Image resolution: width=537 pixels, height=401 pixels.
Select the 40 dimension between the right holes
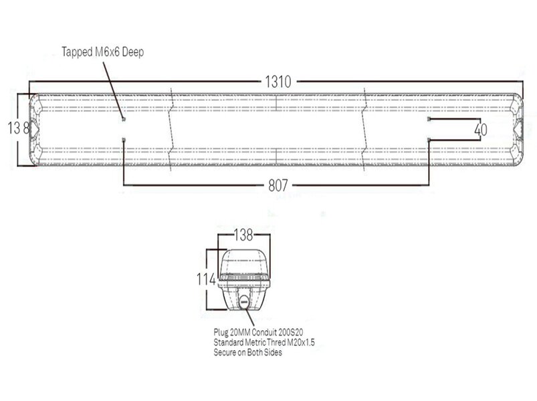[x=479, y=130]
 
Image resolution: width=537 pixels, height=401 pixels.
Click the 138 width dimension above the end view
[x=243, y=235]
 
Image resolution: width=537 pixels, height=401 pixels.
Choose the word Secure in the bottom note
[x=226, y=353]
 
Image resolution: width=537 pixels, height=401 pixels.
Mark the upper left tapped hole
[x=124, y=119]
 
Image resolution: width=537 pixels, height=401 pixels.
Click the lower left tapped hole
[x=124, y=138]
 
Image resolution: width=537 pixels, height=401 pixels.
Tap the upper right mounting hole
[x=429, y=119]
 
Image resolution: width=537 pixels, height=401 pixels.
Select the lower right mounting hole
[x=429, y=138]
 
